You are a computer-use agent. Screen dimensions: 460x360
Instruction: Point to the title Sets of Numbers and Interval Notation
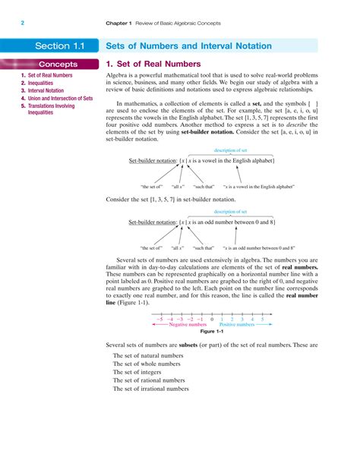click(x=188, y=46)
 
